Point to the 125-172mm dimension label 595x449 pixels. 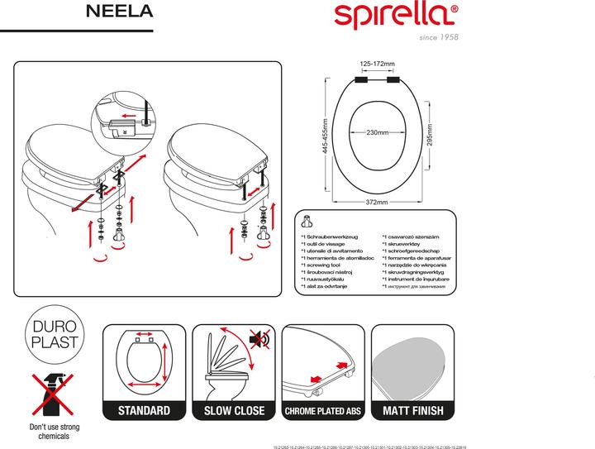coord(378,64)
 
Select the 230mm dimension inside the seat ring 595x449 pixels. coord(378,132)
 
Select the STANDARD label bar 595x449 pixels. coord(145,411)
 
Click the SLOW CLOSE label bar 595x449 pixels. coord(234,411)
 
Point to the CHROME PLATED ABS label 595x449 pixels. coord(324,411)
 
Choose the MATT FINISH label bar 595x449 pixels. coord(412,411)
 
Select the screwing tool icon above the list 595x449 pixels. coord(309,222)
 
